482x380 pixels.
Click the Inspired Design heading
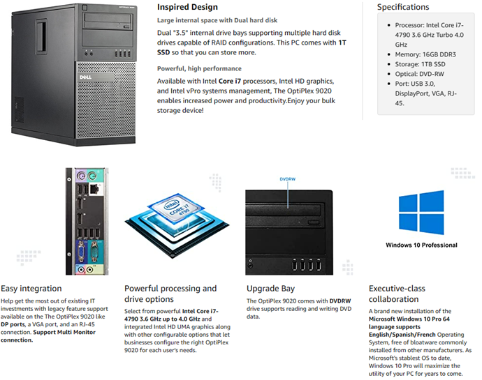[x=187, y=8]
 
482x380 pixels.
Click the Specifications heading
[x=403, y=7]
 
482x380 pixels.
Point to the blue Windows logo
[x=421, y=212]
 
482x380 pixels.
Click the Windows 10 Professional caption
[x=421, y=245]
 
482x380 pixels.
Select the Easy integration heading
[x=31, y=288]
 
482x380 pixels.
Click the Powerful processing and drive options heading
[x=170, y=294]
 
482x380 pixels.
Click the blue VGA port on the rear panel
[x=82, y=249]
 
